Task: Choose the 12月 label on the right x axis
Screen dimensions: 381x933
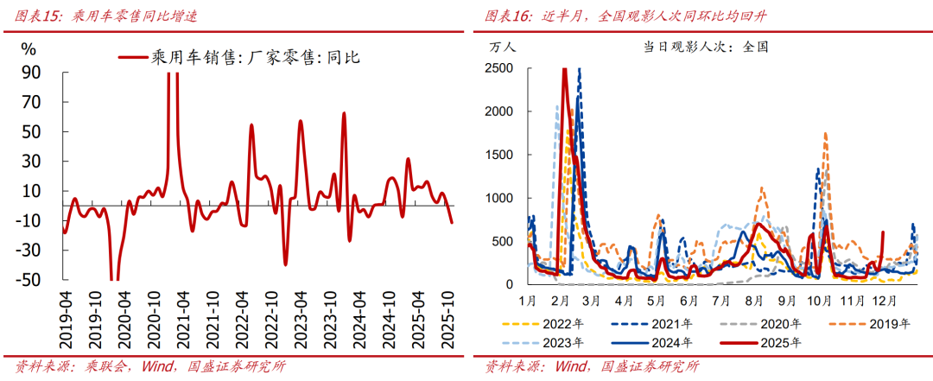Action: [883, 301]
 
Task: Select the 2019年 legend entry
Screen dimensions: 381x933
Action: [892, 325]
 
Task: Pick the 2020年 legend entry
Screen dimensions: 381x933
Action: [784, 325]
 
